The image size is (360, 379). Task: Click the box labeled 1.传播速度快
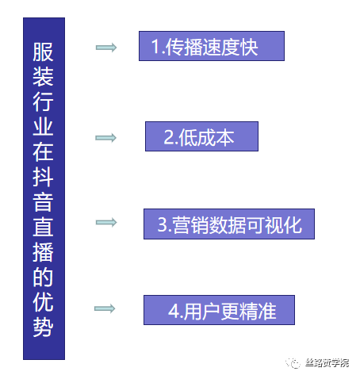(x=212, y=46)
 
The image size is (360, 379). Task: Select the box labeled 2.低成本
(x=201, y=136)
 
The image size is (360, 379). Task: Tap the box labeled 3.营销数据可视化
(x=229, y=224)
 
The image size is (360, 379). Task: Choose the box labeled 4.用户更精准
(x=219, y=310)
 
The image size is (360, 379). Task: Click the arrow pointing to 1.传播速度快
(x=106, y=48)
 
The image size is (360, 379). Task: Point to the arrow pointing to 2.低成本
(x=105, y=138)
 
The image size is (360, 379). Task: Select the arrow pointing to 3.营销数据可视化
(x=106, y=222)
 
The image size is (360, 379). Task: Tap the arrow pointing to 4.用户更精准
(x=105, y=308)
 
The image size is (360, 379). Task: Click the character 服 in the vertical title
(x=43, y=52)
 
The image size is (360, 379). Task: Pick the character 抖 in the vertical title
(x=43, y=177)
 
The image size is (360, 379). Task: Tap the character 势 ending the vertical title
(x=43, y=327)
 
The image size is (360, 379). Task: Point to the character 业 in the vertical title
(x=43, y=127)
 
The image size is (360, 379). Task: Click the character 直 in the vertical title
(x=43, y=227)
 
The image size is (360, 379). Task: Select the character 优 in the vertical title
(x=43, y=302)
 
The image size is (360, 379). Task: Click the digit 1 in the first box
(x=156, y=47)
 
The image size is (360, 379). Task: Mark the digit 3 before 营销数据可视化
(x=163, y=225)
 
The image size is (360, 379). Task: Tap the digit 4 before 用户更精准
(x=174, y=311)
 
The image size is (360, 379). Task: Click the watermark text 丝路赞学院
(x=327, y=363)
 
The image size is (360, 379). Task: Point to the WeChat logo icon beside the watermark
(x=293, y=363)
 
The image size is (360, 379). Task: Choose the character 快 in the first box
(x=249, y=47)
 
